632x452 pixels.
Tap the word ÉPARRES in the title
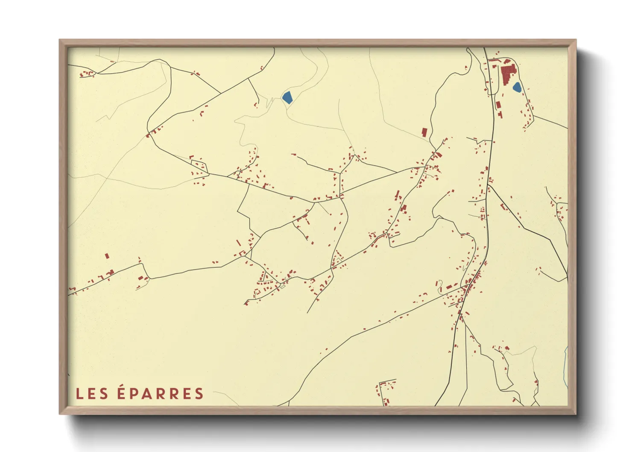[x=161, y=393]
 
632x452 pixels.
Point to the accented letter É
[x=121, y=393]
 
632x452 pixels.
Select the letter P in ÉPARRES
[x=134, y=394]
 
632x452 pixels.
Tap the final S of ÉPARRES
[x=199, y=394]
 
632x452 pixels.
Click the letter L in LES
[x=79, y=394]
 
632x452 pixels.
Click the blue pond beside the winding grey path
[x=287, y=97]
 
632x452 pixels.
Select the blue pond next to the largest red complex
[x=517, y=88]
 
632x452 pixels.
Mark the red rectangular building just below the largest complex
[x=497, y=104]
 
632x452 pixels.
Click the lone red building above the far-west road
[x=107, y=256]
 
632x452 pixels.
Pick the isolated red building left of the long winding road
[x=424, y=132]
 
